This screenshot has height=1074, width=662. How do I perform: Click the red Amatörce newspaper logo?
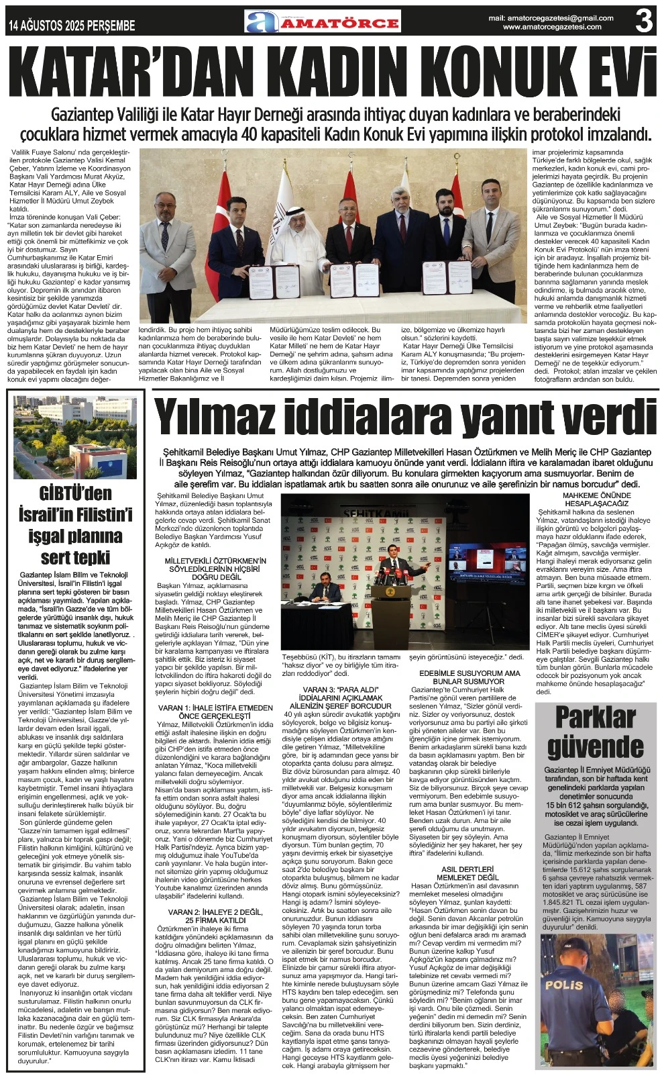[x=323, y=21]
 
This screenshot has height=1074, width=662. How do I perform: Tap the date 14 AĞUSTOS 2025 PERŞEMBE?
[x=72, y=26]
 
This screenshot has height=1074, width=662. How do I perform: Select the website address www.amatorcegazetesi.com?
[x=551, y=27]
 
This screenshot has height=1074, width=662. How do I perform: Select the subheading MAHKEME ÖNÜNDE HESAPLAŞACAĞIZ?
[x=596, y=499]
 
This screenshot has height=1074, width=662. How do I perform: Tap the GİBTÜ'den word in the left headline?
[x=75, y=494]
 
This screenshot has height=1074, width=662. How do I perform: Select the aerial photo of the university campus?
[x=75, y=437]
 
